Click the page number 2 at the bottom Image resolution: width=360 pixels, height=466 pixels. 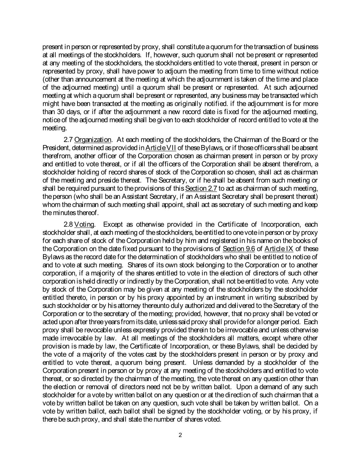tap(180, 435)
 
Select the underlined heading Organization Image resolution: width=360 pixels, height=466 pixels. tap(93, 140)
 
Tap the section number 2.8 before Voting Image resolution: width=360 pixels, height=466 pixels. tap(68, 224)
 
